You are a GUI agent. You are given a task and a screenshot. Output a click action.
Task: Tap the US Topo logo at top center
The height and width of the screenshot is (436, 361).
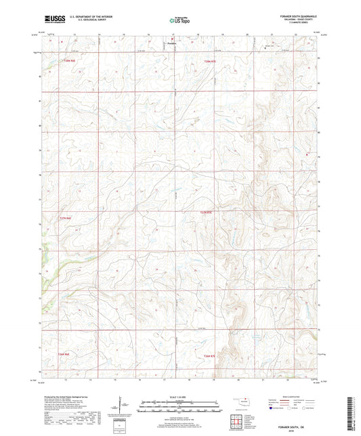(179, 21)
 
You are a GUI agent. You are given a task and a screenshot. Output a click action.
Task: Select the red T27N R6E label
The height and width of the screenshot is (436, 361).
(64, 217)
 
